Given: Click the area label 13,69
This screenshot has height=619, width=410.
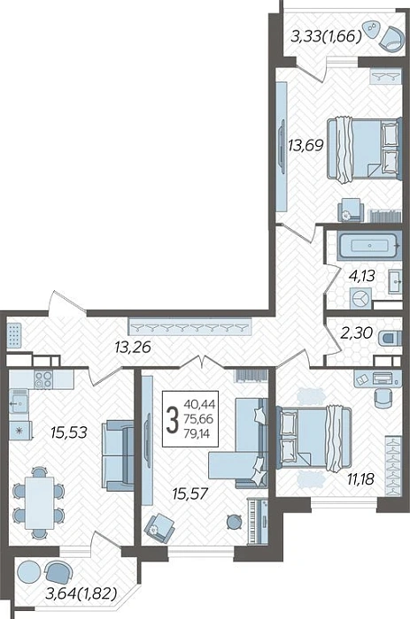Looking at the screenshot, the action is click(306, 146).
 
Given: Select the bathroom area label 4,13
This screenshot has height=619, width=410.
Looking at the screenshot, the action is click(362, 276).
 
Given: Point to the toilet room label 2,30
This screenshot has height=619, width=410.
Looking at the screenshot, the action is click(357, 333).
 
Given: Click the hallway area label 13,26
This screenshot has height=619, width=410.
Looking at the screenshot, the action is click(133, 348).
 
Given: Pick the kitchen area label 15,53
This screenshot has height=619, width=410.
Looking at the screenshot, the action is click(69, 432).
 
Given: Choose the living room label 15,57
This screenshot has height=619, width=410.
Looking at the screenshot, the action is click(190, 493).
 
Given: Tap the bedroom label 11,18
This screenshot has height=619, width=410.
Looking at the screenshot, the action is click(360, 479).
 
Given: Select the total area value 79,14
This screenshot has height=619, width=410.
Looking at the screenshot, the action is click(197, 434).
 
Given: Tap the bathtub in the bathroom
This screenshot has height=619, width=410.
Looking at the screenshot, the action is click(369, 246).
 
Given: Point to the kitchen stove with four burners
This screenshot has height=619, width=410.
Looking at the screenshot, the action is click(43, 379).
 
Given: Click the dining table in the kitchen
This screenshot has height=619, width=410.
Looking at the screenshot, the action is click(40, 502).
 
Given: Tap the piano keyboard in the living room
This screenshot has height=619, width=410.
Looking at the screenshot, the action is click(258, 520).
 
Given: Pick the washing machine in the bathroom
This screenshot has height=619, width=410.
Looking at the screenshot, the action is click(360, 298).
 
